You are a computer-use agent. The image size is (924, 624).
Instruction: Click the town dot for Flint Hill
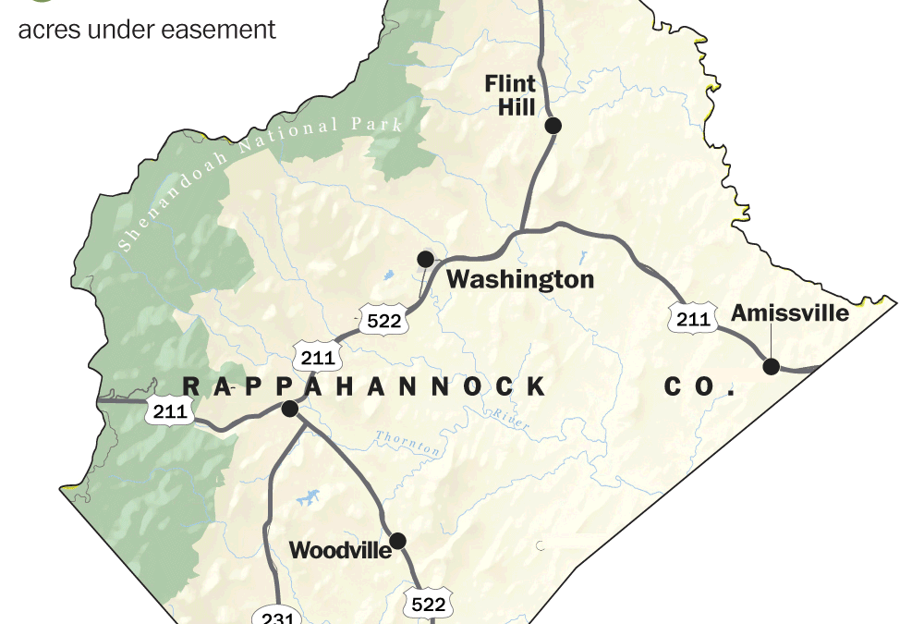[x=553, y=126]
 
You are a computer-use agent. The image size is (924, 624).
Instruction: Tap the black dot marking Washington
[x=426, y=259]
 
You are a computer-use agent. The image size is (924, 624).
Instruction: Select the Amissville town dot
[x=771, y=366]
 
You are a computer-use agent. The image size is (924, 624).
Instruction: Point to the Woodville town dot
[x=397, y=541]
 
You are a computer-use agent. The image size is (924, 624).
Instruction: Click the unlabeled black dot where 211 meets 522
[x=289, y=409]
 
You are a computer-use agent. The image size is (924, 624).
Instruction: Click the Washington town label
[x=520, y=279]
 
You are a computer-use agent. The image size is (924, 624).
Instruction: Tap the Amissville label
[x=790, y=313]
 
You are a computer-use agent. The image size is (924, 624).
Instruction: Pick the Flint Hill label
[x=510, y=95]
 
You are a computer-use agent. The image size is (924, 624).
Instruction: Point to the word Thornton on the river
[x=409, y=444]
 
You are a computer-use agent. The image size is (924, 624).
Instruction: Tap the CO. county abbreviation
[x=699, y=386]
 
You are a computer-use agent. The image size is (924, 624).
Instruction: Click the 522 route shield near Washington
[x=384, y=320]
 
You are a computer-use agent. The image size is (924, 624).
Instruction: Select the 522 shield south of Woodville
[x=428, y=604]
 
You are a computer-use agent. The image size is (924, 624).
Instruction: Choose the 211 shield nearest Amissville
[x=692, y=320]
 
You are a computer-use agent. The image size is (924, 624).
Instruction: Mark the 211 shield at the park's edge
[x=170, y=411]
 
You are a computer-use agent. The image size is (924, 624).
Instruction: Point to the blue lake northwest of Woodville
[x=306, y=498]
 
